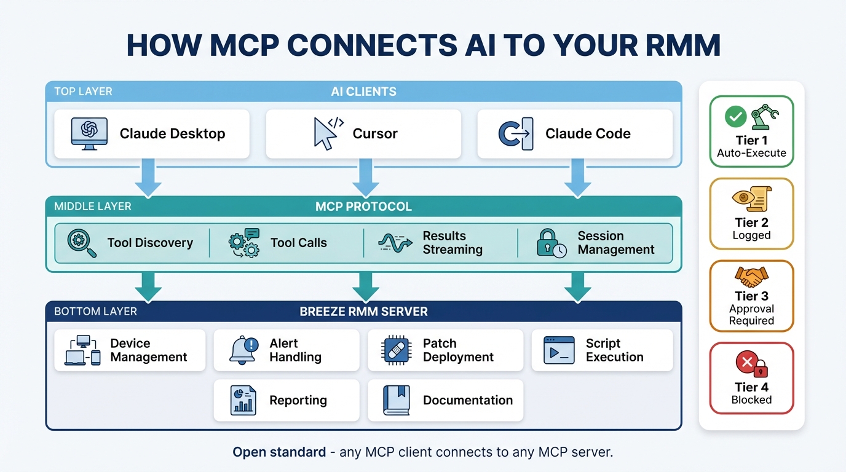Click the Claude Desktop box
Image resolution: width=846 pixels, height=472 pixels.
coord(152,134)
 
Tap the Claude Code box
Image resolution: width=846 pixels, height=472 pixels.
coord(574,134)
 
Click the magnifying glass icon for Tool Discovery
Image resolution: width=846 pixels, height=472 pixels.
coord(82,243)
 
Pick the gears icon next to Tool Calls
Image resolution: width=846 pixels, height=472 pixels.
coord(243,243)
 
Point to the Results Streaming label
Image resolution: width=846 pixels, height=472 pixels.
coord(452,243)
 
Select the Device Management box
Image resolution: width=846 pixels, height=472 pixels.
coord(130,350)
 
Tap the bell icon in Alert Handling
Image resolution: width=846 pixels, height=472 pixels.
coord(243,350)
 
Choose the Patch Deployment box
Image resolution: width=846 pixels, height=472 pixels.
coord(445,350)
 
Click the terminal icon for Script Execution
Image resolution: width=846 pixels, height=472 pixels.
coord(559,350)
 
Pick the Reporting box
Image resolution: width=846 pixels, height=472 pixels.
coord(286,400)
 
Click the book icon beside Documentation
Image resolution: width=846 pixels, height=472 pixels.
coord(396,400)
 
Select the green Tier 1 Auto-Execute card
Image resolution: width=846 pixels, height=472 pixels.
coord(751,132)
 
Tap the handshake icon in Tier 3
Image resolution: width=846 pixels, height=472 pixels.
coord(751,277)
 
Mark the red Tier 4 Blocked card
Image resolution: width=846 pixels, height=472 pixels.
coord(751,378)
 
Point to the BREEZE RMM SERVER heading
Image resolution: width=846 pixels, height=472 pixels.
coord(363,312)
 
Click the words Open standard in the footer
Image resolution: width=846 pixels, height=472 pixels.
coord(279,452)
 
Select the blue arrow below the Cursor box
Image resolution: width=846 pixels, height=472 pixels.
coord(365,176)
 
